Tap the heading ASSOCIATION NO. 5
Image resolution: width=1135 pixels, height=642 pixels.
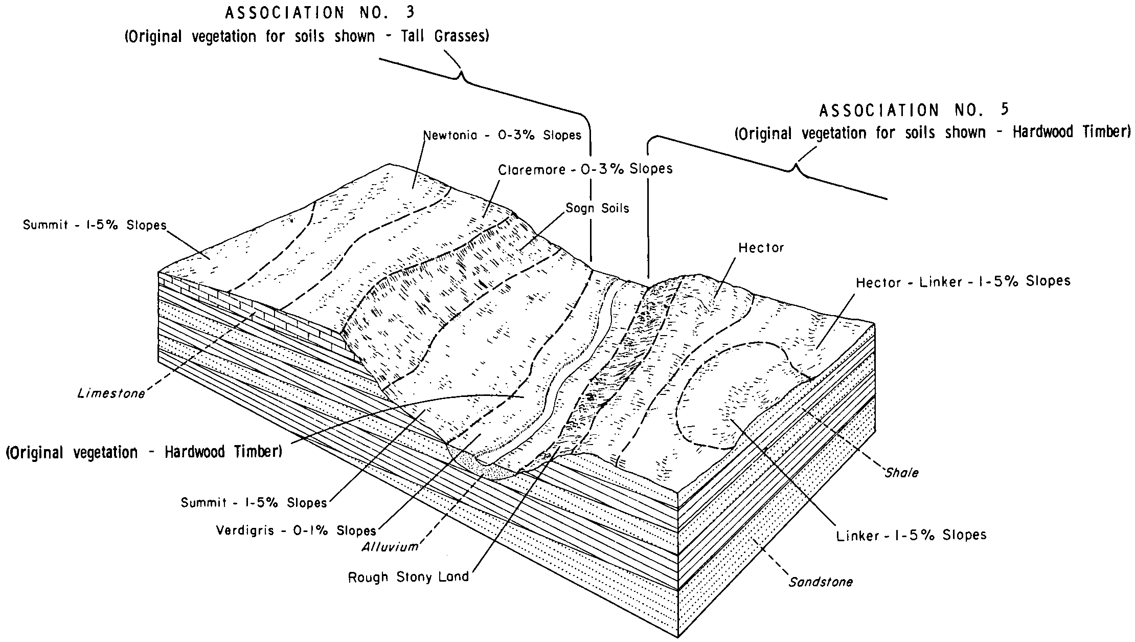(914, 110)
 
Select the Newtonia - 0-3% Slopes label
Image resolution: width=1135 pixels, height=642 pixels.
(503, 136)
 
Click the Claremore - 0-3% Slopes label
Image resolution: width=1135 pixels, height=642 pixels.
(585, 169)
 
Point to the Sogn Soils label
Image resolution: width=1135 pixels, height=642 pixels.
(597, 208)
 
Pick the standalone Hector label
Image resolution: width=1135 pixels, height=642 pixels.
(761, 248)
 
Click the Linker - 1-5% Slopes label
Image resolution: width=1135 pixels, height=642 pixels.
(911, 535)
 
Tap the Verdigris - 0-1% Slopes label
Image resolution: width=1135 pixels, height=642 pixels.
(296, 530)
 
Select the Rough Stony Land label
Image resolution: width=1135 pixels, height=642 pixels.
(408, 577)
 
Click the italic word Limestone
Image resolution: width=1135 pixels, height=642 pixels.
(111, 393)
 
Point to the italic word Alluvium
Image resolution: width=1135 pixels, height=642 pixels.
(390, 547)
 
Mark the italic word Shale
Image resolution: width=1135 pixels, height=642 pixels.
(902, 473)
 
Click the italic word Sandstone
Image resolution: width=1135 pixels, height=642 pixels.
(821, 582)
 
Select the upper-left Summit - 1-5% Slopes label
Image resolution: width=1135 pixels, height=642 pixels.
(95, 225)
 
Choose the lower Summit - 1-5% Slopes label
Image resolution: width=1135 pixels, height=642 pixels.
(254, 503)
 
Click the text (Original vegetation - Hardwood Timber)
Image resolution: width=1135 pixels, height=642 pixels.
(144, 453)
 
